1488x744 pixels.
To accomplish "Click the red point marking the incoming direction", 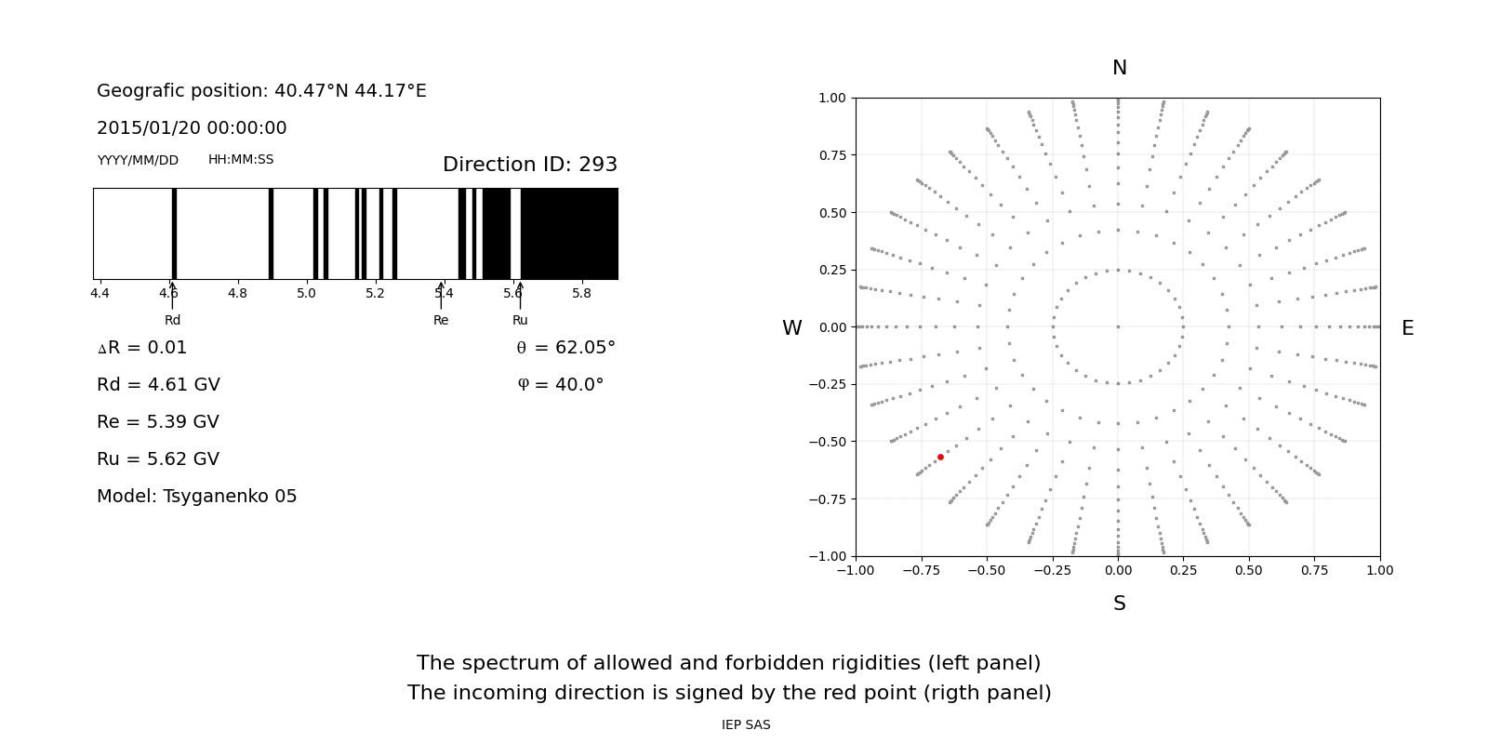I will tap(940, 457).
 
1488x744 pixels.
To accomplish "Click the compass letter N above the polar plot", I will tap(1119, 68).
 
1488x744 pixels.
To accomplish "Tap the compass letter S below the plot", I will tap(1119, 604).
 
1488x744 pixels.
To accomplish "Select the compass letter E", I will tap(1407, 328).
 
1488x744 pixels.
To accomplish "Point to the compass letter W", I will tap(791, 328).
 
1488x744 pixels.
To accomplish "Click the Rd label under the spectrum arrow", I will tap(172, 321).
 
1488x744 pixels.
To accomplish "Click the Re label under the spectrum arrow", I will tap(441, 321).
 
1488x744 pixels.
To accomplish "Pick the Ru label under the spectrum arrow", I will tap(520, 321).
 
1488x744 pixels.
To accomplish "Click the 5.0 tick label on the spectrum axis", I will tap(306, 294).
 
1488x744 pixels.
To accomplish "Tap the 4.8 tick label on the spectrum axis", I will tap(237, 294).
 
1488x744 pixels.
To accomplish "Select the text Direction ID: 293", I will tap(530, 165).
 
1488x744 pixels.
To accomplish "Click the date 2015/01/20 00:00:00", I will tap(192, 128).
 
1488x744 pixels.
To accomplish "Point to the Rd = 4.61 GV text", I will tap(158, 385).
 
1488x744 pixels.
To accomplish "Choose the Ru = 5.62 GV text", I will tap(158, 459).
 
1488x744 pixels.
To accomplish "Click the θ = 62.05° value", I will tap(565, 348).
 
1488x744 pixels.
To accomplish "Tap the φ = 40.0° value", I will tap(560, 385).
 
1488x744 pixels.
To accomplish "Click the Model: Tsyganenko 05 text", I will tap(197, 497).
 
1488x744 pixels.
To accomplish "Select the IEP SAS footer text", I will tap(746, 725).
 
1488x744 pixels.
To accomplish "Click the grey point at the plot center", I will tap(1118, 326).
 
